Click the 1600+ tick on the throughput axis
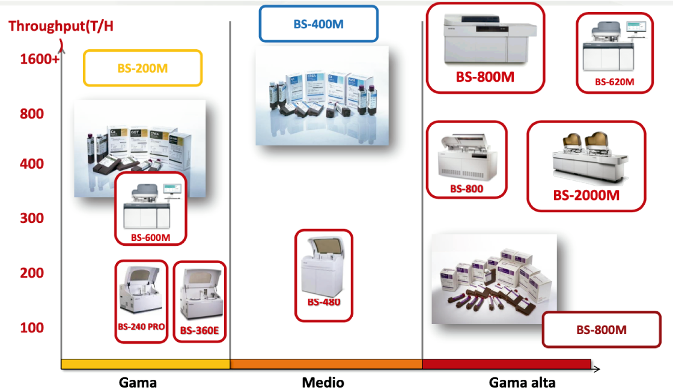tap(40, 59)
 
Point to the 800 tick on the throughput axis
tap(32, 114)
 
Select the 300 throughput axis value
tap(32, 218)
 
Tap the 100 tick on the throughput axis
tap(32, 328)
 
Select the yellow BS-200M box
tap(142, 68)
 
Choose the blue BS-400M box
tap(318, 24)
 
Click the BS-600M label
tap(150, 238)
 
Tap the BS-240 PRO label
tap(141, 329)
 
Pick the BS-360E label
tap(199, 330)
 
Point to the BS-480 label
tap(324, 302)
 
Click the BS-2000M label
tap(586, 196)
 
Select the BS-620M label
tap(614, 82)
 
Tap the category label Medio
tap(323, 382)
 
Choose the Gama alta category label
tap(522, 382)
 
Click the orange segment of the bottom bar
tap(326, 364)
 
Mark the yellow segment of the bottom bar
tap(145, 364)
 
